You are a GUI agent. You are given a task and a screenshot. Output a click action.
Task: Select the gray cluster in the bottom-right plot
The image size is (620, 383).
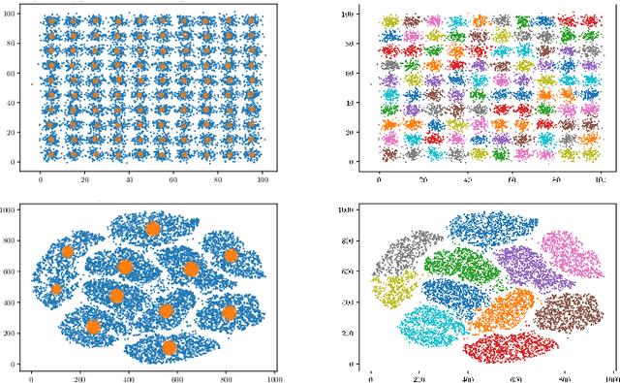[x=411, y=254]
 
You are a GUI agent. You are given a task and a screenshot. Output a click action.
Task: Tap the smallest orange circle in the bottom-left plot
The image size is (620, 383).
[x=56, y=289]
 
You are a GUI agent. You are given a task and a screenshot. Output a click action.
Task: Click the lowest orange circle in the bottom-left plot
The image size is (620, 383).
[x=170, y=347]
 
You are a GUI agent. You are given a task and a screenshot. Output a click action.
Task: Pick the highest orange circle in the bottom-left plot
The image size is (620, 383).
[x=152, y=229]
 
